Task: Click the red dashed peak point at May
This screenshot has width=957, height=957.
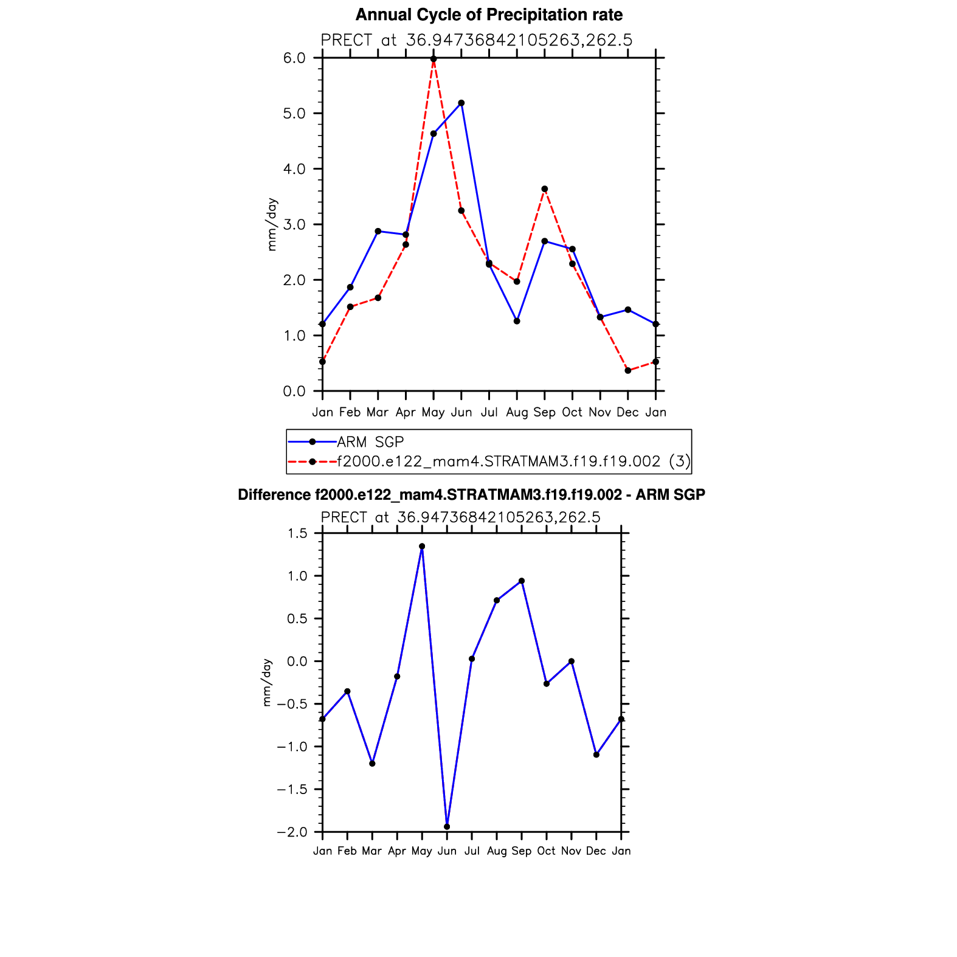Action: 434,59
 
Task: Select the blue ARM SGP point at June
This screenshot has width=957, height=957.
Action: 461,103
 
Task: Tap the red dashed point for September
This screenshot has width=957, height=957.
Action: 545,189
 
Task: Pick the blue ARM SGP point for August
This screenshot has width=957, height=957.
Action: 517,321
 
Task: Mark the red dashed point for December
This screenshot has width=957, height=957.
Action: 628,370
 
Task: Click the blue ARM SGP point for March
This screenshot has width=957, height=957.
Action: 378,231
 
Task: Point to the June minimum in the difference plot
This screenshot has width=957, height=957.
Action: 447,826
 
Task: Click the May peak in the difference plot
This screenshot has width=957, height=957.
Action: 422,546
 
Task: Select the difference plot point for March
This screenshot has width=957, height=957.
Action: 372,763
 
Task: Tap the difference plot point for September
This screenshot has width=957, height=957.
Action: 522,581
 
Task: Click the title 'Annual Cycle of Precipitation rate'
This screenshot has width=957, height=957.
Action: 489,15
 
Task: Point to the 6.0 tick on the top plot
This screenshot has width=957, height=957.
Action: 294,58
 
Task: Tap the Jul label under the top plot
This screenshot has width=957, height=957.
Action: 489,412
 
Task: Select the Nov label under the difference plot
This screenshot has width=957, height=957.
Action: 571,851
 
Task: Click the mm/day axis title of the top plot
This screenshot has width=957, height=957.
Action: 272,224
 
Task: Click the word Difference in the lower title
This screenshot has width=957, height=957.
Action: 274,495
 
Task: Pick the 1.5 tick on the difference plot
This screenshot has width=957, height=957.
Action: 298,533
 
